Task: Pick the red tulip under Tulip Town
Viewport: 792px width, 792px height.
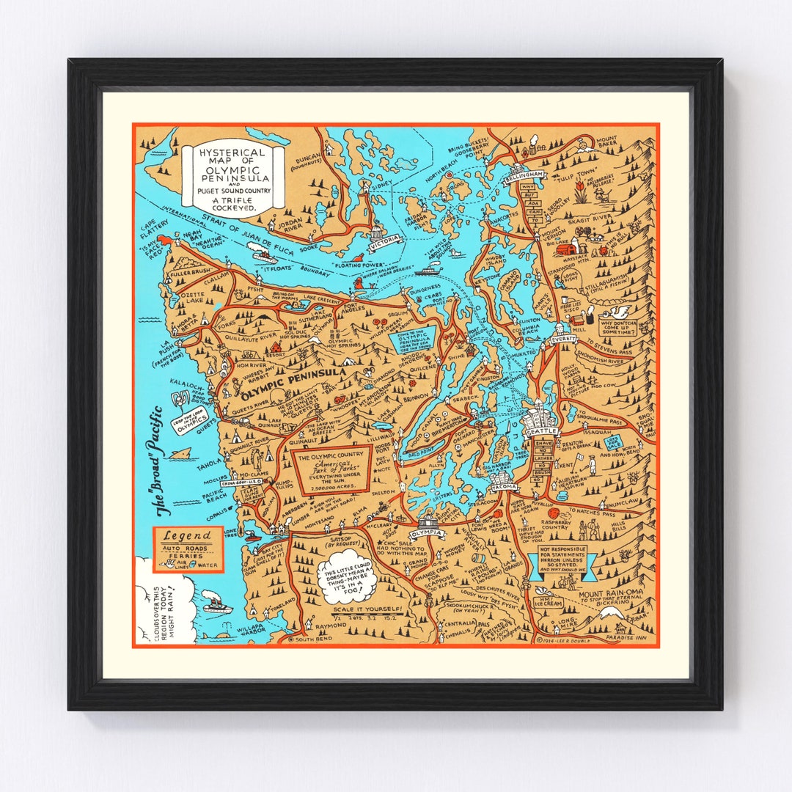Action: [x=580, y=193]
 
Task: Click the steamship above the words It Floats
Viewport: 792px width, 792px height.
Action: [x=264, y=256]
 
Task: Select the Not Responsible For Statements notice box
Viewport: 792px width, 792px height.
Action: [x=563, y=559]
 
